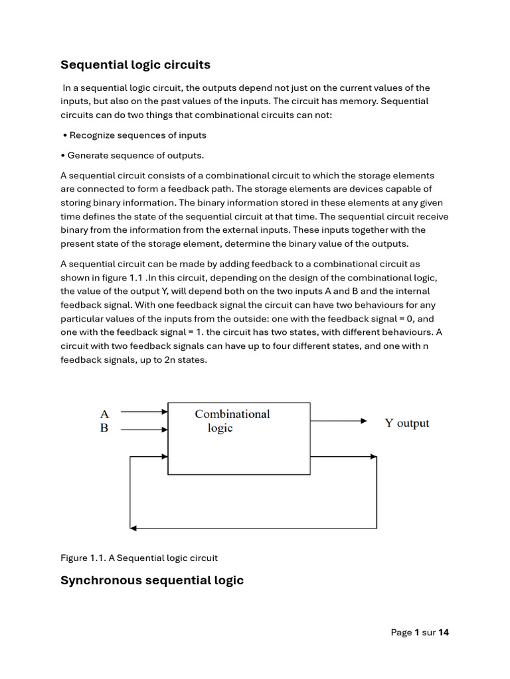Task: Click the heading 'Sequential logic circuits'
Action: coord(135,65)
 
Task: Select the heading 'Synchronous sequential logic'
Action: coord(152,580)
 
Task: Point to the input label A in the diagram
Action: coord(104,414)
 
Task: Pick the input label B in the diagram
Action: coord(104,428)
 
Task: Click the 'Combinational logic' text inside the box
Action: coord(232,421)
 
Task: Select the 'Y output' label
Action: coord(407,423)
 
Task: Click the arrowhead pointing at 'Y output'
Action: coord(363,421)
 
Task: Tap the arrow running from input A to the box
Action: coord(145,412)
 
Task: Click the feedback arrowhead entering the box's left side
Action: coord(164,456)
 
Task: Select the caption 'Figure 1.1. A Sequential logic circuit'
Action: coord(139,558)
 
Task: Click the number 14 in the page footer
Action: coord(444,633)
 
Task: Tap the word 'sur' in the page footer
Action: coord(428,633)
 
